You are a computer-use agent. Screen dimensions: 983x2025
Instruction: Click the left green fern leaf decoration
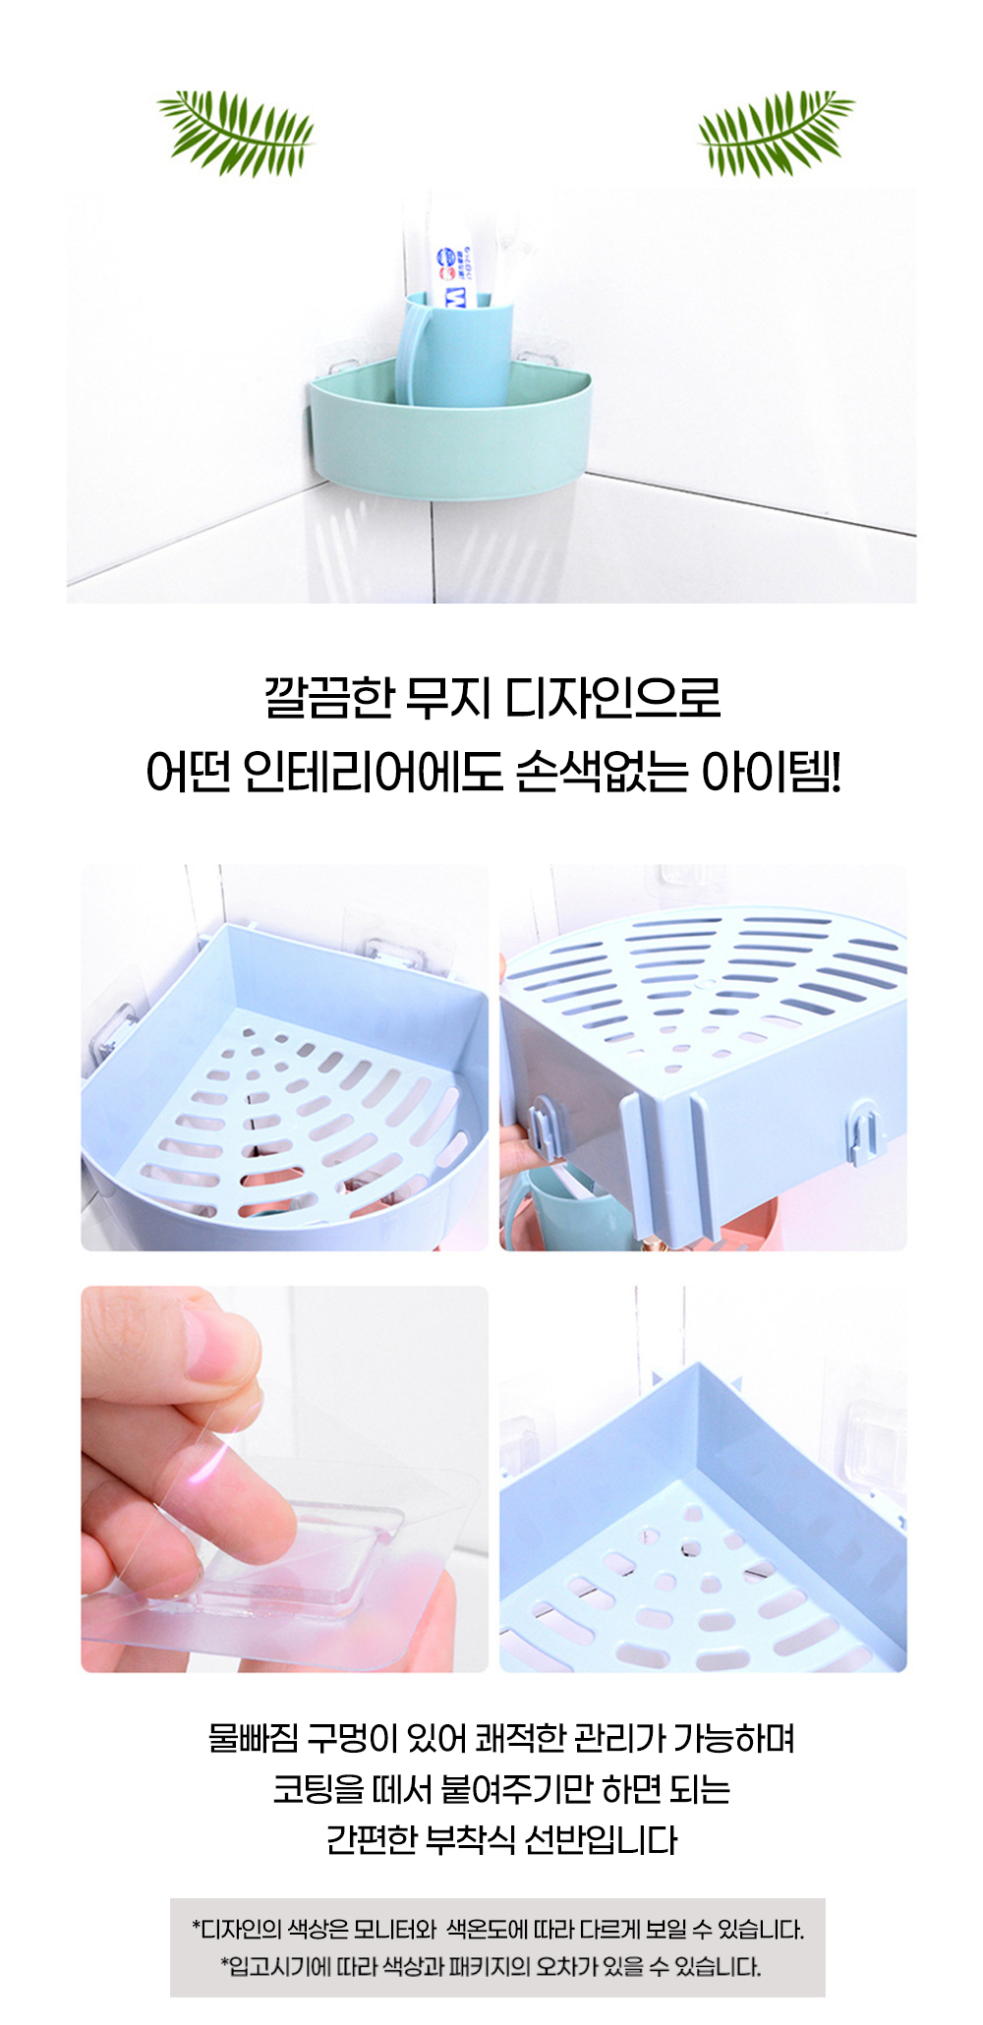click(x=236, y=132)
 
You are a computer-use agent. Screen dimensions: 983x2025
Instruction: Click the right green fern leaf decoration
click(x=776, y=132)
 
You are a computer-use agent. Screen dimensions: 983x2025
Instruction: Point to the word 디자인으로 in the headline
click(x=613, y=697)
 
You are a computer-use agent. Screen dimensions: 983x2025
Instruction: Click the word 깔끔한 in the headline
click(x=328, y=697)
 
